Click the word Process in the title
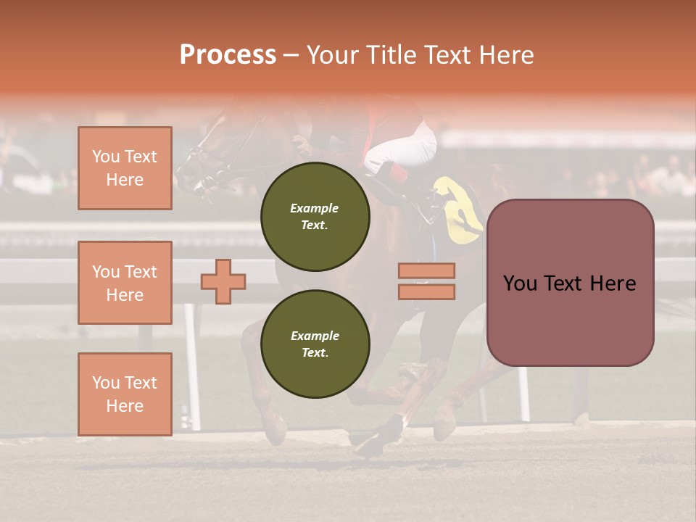click(x=228, y=55)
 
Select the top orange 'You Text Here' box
click(x=125, y=168)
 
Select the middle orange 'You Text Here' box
click(x=125, y=283)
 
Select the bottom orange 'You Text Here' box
click(x=125, y=394)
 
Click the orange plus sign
click(x=223, y=281)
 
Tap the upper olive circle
click(x=315, y=216)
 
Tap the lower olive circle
click(x=315, y=344)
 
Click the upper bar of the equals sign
click(x=426, y=270)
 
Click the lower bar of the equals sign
click(x=426, y=291)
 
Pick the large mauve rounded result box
click(x=570, y=283)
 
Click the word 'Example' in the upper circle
click(x=315, y=208)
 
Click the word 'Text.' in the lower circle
click(x=315, y=352)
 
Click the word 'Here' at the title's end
click(x=508, y=55)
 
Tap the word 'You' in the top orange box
click(x=105, y=157)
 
